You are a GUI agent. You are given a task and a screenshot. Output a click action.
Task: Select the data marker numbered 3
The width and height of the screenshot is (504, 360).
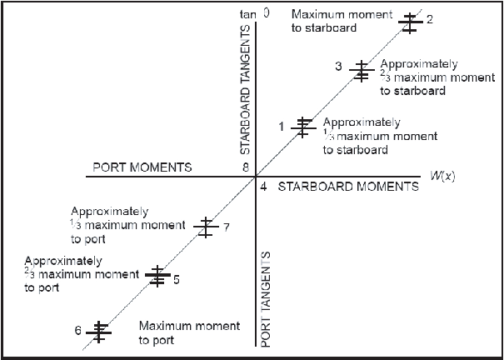[x=361, y=71]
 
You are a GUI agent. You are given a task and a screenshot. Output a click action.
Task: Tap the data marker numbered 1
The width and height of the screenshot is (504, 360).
[x=303, y=126]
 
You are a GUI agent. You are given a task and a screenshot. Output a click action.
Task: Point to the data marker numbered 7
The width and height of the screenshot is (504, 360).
[x=205, y=226]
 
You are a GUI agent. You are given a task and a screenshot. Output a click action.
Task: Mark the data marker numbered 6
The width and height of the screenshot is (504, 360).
[x=99, y=331]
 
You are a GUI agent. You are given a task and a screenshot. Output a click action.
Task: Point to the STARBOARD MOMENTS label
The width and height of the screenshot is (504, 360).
[x=347, y=187]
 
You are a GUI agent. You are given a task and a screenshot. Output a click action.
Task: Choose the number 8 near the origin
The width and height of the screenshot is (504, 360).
[x=246, y=167]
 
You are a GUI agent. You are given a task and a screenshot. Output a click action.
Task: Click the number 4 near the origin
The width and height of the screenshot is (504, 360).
[x=263, y=187]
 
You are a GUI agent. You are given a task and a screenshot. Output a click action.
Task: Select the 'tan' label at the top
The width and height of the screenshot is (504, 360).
[x=247, y=13]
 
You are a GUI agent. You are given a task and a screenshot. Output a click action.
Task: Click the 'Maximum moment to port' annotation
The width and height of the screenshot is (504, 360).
[x=189, y=332]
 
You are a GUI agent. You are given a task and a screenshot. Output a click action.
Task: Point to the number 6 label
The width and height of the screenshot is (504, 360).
[x=77, y=331]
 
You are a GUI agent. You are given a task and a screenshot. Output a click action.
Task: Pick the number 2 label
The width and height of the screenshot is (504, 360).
[x=429, y=19]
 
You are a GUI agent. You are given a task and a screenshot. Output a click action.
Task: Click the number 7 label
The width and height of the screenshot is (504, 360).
[x=226, y=227]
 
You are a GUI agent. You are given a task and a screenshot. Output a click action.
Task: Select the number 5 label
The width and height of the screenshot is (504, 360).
[x=177, y=279]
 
